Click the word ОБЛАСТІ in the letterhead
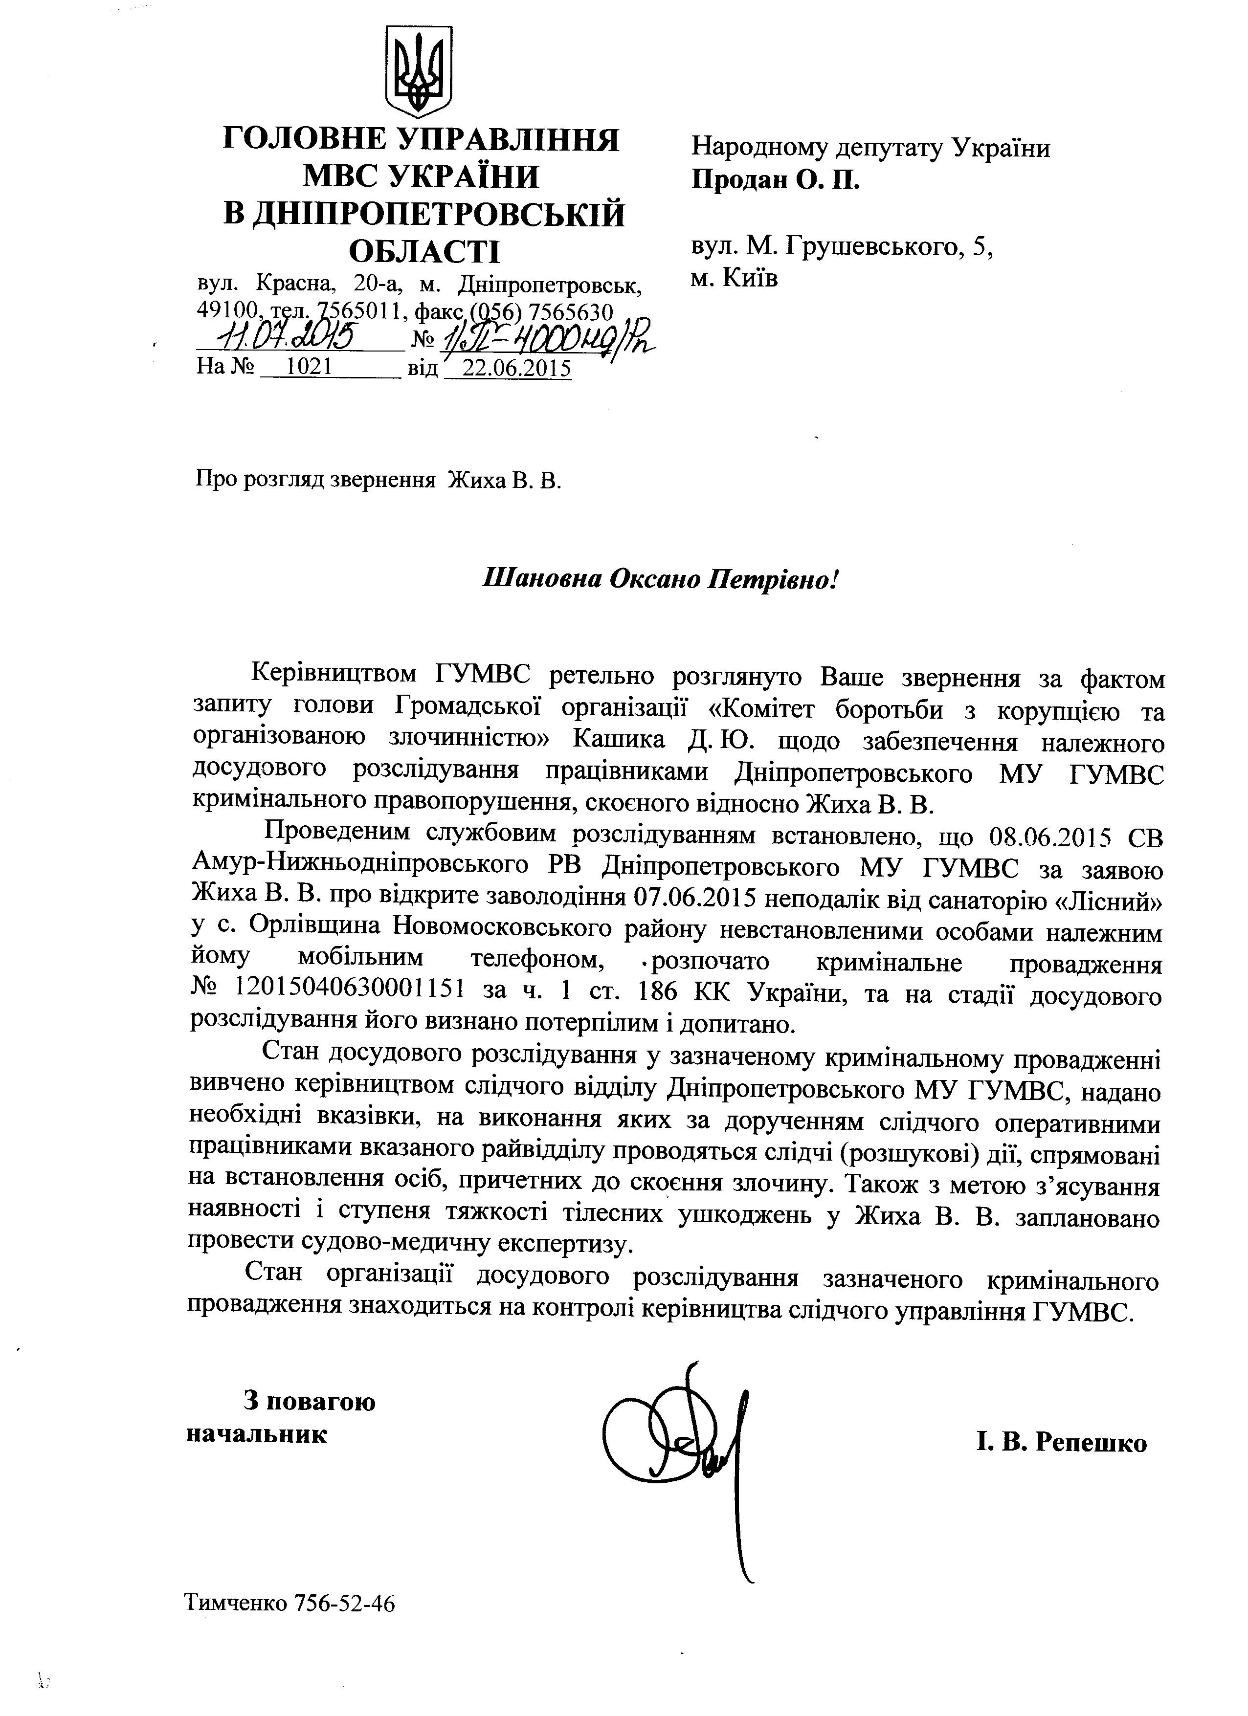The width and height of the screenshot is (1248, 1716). pos(419,250)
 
